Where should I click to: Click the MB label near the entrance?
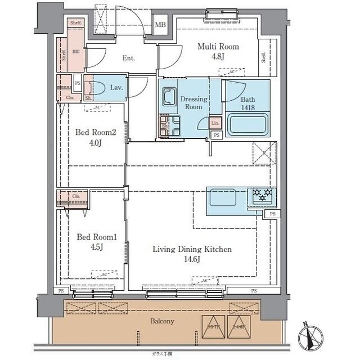(160, 25)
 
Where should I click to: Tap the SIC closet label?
(75, 50)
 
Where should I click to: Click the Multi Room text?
(218, 47)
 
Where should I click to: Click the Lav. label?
(117, 88)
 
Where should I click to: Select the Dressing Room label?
(193, 103)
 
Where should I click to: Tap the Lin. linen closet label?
(215, 123)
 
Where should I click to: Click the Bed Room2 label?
(96, 133)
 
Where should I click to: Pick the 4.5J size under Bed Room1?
(96, 247)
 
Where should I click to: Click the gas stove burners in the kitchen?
(262, 196)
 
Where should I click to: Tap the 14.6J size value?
(192, 259)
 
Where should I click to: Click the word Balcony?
(162, 321)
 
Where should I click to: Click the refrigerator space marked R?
(262, 152)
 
